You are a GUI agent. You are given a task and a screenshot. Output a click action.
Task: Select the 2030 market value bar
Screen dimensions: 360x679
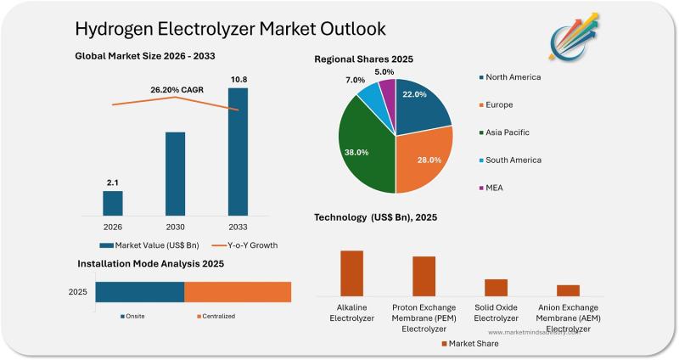(175, 173)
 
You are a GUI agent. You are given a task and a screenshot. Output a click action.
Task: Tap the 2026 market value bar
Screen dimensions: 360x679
(113, 203)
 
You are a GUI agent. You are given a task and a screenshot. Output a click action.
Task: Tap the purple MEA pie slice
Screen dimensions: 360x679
(388, 90)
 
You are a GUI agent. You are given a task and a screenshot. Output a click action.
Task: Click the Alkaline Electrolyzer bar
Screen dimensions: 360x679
(351, 273)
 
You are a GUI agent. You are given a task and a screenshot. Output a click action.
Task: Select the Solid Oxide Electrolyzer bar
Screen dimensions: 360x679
(496, 287)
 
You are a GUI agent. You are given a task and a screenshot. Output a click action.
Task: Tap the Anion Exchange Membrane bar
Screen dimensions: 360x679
(568, 290)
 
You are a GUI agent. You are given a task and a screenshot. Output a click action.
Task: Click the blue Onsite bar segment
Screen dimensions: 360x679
(139, 292)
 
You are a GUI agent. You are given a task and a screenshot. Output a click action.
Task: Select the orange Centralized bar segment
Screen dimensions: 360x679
(238, 292)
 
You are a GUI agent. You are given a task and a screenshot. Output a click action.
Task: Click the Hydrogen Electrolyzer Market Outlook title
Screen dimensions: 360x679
(230, 29)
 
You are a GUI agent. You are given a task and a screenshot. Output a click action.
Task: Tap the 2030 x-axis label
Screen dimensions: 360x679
(175, 228)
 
